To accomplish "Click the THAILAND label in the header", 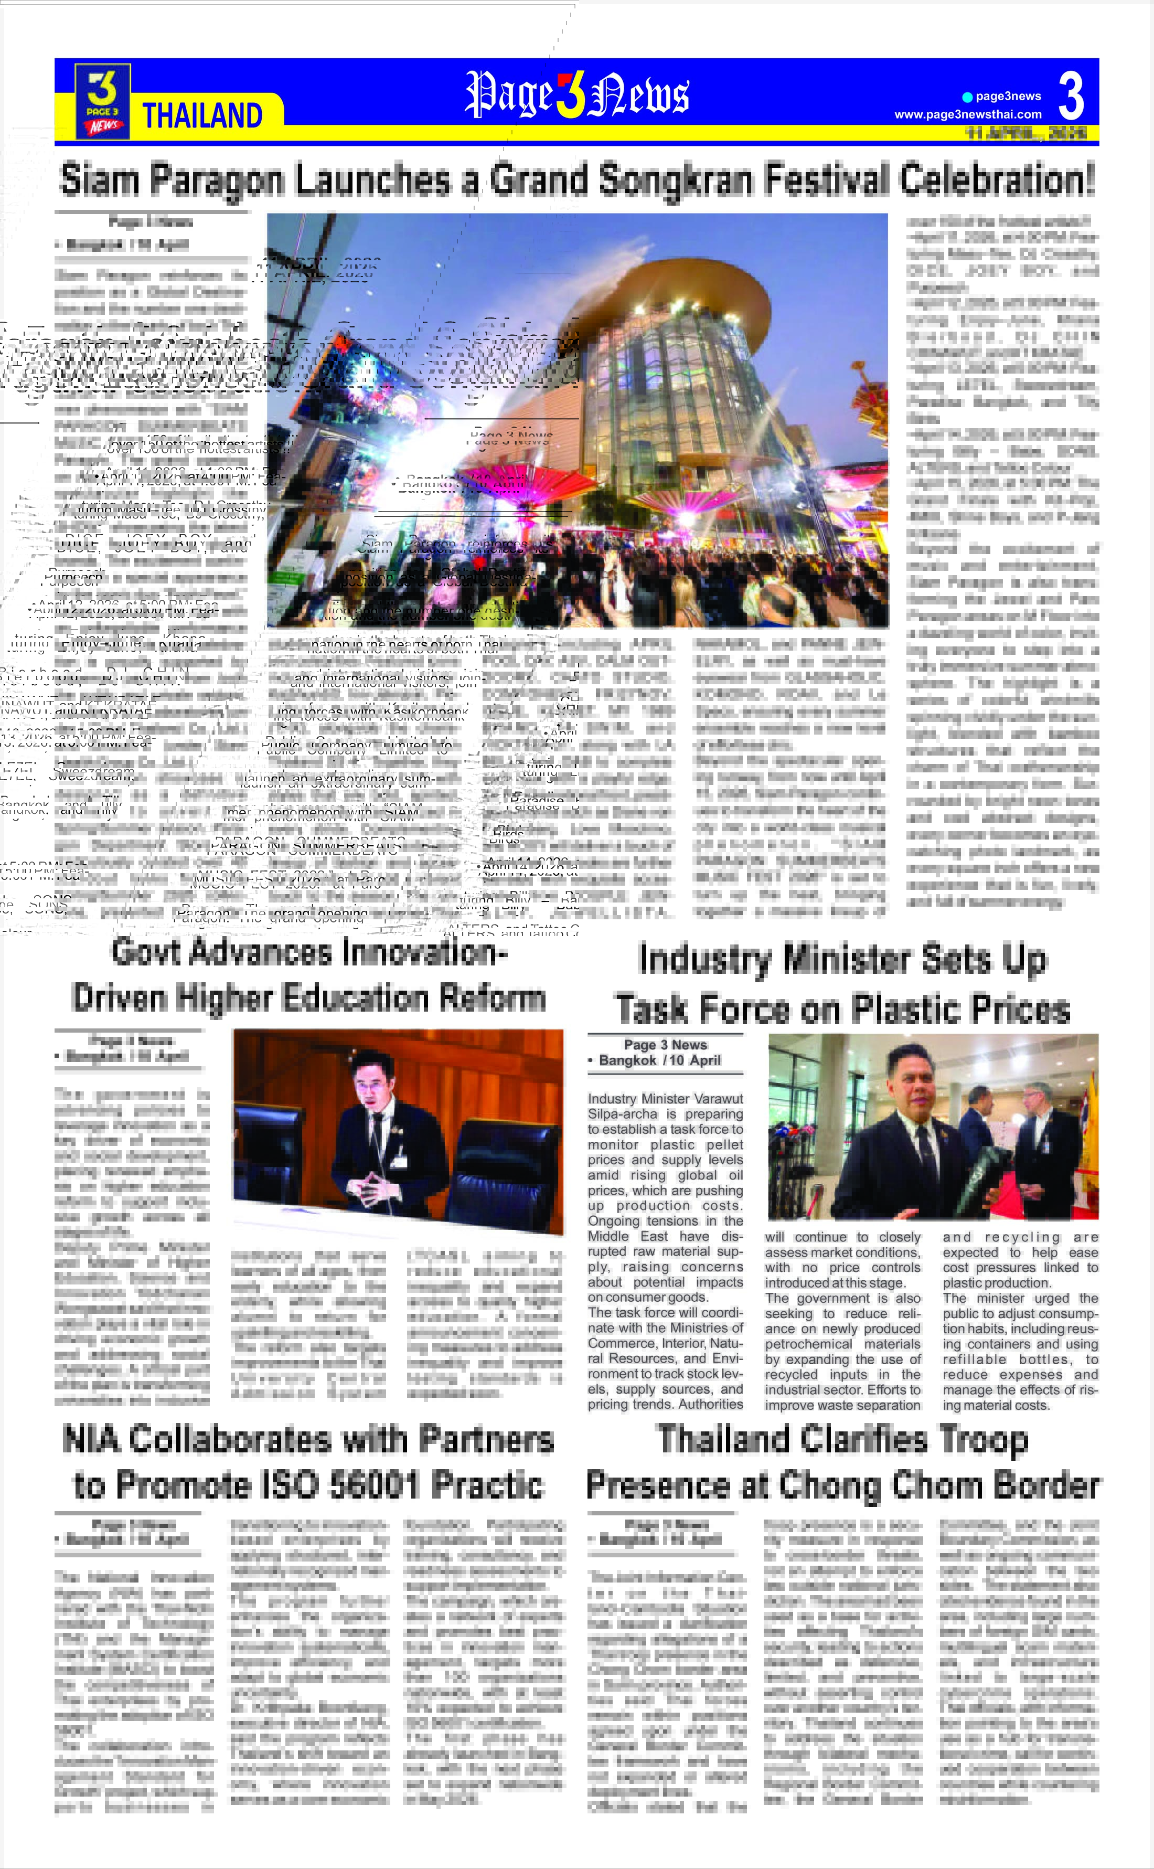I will click(x=203, y=116).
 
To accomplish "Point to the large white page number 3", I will click(x=1071, y=96).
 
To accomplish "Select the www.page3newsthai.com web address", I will click(x=968, y=114).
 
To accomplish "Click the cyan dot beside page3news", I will click(x=967, y=97).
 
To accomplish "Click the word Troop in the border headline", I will click(x=984, y=1440).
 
